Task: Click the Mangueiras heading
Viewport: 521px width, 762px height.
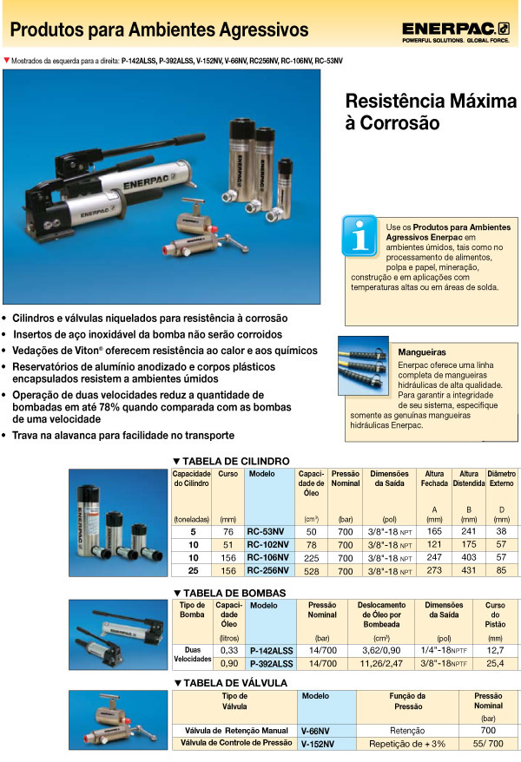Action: (421, 352)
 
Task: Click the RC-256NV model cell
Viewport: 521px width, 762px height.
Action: (268, 571)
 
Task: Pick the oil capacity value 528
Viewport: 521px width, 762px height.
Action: (311, 571)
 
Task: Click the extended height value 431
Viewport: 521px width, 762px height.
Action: (469, 571)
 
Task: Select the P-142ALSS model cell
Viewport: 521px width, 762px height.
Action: (271, 649)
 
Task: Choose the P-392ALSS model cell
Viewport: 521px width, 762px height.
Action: (271, 663)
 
